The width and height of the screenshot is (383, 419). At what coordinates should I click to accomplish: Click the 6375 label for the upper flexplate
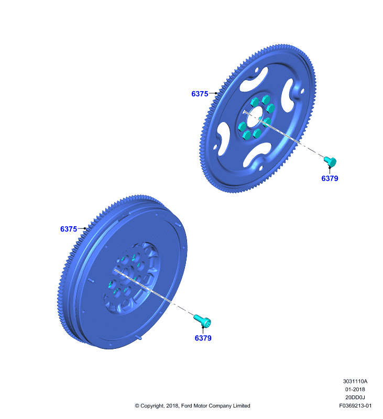200,94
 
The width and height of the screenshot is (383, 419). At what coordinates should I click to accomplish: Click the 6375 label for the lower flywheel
69,229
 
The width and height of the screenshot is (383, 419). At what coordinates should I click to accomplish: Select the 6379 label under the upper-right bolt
330,178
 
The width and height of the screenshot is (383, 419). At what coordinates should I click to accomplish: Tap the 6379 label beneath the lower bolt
203,338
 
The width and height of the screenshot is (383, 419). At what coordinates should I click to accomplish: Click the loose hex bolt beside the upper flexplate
330,161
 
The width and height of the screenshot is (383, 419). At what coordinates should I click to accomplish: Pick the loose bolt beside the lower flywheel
203,321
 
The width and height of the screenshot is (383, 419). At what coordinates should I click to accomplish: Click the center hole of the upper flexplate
255,117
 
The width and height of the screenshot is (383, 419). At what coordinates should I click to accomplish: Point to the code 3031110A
355,381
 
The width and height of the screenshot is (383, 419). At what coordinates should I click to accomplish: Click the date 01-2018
355,389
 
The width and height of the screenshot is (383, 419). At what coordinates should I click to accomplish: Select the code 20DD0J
355,398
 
